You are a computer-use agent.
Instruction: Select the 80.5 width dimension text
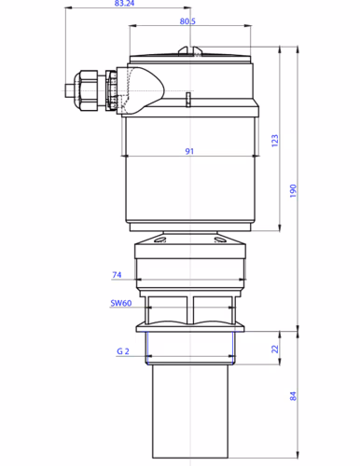click(x=187, y=21)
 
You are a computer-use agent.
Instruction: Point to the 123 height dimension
click(x=274, y=139)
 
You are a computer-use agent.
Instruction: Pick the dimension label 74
click(x=117, y=276)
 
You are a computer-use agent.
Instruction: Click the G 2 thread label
click(x=121, y=352)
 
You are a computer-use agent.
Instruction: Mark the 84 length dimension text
click(x=293, y=396)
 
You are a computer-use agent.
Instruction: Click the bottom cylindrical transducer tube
click(x=192, y=410)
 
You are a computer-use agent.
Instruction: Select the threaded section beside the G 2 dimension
click(x=192, y=349)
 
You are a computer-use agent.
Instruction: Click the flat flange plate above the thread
click(x=192, y=327)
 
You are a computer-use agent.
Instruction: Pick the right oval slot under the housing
click(x=223, y=240)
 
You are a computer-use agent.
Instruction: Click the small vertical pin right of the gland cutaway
click(x=187, y=99)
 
